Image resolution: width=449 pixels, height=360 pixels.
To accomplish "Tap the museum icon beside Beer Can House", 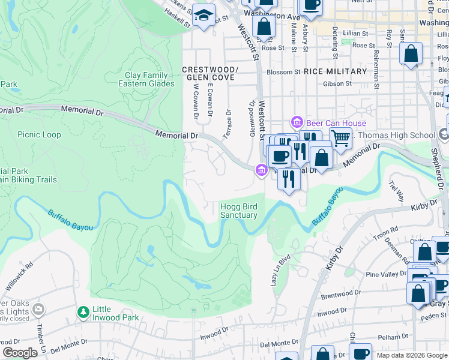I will coord(296,122).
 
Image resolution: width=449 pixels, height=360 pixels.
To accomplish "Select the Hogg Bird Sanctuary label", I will coord(239,211).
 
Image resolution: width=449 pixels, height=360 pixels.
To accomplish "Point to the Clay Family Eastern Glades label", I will coord(149,79).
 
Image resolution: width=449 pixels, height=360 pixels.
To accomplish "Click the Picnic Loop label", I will coord(39,135).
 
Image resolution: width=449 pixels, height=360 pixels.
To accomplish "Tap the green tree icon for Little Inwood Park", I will coord(83,312).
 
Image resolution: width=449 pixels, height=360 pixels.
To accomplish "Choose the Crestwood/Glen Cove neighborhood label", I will coord(210,74).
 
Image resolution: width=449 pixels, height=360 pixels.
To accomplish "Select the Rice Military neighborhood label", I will coord(335,71).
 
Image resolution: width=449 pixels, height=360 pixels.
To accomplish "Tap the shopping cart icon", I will coord(340,138).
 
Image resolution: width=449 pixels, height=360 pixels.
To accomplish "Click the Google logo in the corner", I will coord(20,353).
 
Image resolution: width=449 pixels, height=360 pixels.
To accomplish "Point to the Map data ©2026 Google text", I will coord(411,355).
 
